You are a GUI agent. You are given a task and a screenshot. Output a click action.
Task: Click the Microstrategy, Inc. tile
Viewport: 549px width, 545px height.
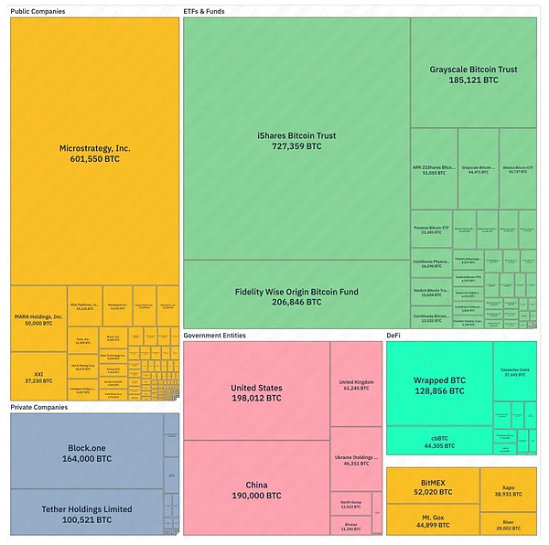pos(94,152)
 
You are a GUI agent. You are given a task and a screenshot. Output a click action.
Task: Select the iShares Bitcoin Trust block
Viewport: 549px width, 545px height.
pos(296,140)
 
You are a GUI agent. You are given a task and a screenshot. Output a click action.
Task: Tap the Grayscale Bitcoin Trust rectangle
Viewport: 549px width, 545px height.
pos(472,73)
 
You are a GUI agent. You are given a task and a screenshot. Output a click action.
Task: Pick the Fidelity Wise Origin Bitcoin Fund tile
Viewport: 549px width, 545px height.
pos(296,295)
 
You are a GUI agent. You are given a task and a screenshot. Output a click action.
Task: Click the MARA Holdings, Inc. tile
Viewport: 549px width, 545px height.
pos(38,320)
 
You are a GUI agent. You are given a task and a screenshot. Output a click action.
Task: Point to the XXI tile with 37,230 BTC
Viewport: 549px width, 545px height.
pos(38,377)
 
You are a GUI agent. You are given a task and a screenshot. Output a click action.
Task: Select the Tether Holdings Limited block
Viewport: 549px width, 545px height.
pos(86,513)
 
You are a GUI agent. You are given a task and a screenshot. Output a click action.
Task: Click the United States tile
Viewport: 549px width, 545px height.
pos(256,392)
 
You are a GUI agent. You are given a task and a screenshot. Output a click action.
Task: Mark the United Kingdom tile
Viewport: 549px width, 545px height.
pos(357,384)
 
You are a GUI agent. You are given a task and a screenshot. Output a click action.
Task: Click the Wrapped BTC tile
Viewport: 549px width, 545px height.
pos(439,384)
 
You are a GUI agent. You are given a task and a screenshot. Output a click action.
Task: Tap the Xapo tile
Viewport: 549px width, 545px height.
pos(507,489)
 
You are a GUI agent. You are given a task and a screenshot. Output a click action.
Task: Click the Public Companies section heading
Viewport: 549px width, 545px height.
pos(38,11)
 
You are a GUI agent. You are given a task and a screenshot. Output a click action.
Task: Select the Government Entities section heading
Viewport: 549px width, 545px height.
pos(215,336)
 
